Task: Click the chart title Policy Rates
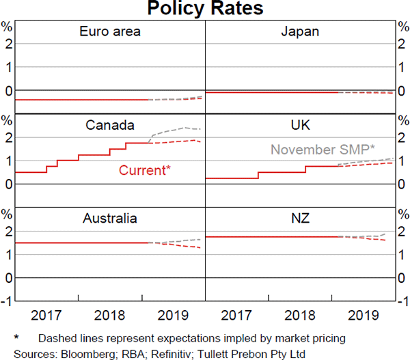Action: tap(205, 10)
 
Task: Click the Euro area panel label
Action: tap(110, 31)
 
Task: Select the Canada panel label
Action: tap(109, 125)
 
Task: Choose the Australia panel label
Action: tap(109, 219)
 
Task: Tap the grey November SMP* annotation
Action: tap(323, 150)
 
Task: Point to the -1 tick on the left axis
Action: tap(7, 301)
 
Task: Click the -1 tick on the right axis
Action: tap(403, 301)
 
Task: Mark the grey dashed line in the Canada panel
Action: tap(174, 129)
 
